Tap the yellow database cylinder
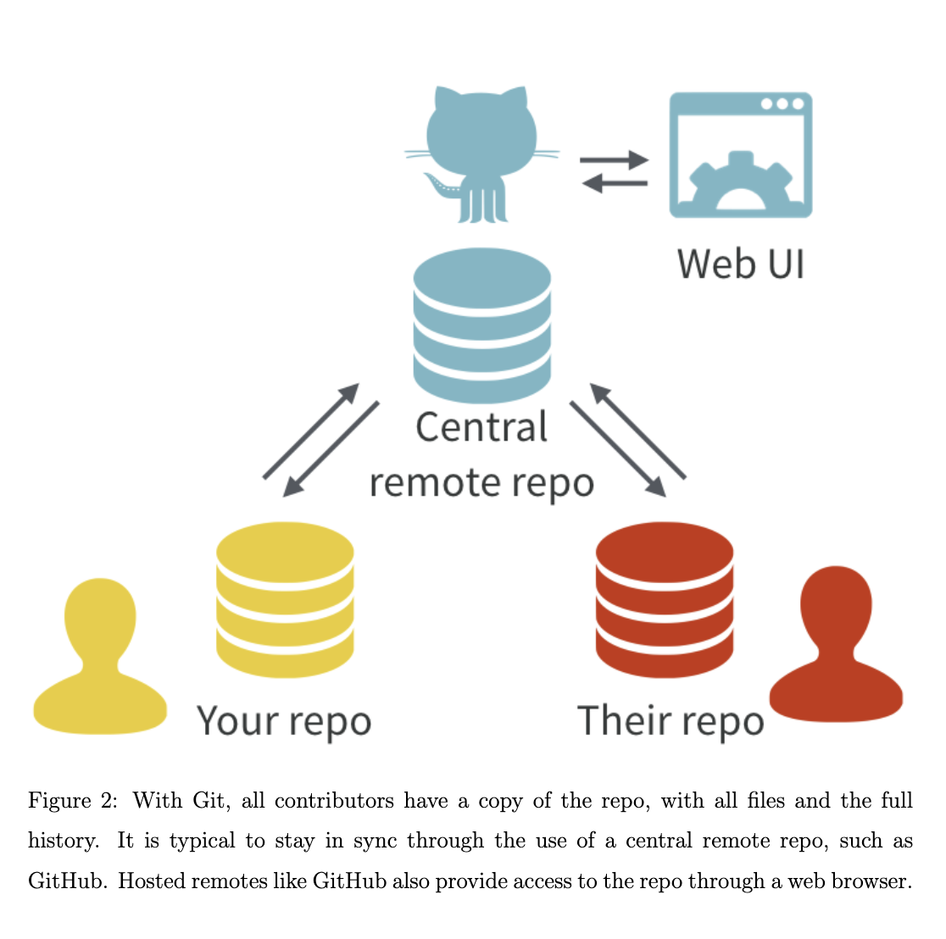285,601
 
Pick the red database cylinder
665,601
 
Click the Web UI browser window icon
741,154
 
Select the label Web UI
740,263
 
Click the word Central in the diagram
481,427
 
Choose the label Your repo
284,721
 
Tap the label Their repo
670,721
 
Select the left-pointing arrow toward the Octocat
614,182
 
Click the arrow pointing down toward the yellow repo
331,449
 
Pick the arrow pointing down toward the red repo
618,448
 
